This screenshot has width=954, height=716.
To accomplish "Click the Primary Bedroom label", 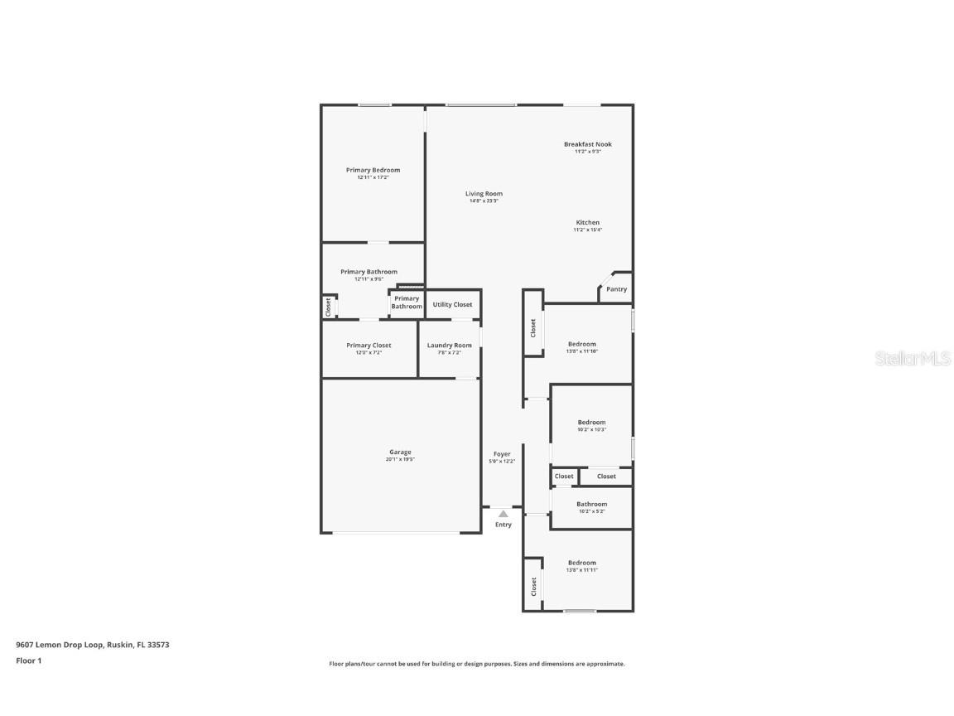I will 373,170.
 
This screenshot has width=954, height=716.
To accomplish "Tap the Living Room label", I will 484,194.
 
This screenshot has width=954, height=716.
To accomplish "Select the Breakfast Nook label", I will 588,144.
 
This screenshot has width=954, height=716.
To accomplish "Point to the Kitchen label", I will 588,223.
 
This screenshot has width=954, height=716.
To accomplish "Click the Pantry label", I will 616,289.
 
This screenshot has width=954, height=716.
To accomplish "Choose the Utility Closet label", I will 452,304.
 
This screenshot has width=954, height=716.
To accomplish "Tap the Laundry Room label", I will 450,346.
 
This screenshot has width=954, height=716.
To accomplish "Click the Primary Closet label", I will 369,346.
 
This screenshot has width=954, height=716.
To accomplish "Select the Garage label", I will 400,452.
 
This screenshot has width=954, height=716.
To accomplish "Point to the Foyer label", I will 502,454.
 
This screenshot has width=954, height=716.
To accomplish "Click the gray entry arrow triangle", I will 503,514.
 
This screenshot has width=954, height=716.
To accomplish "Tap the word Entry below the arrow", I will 503,525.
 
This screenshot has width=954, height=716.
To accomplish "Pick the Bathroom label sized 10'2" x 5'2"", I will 592,504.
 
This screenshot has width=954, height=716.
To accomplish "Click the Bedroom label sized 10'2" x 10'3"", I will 592,423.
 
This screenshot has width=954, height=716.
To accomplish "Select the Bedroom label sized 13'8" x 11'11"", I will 581,563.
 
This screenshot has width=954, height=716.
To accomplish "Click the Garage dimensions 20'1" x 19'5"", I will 400,459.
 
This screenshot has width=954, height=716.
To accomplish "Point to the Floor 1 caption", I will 28,660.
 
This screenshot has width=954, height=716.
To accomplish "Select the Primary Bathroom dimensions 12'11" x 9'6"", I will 369,278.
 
